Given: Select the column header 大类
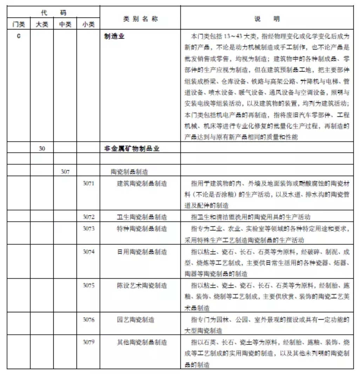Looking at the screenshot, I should [x=42, y=25].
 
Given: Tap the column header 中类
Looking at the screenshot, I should [x=65, y=25].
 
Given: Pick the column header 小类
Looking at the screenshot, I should [x=88, y=25].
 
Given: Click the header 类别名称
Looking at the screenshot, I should [x=140, y=19].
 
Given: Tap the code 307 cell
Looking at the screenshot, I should [x=65, y=172].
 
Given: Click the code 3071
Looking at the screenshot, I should [x=88, y=183].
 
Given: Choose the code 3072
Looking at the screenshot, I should [x=88, y=217].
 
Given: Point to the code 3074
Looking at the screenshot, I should [x=88, y=251].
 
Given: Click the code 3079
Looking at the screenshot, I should [x=88, y=342].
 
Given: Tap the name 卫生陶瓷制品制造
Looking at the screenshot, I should [x=142, y=217].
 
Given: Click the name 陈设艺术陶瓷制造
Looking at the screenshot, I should [x=142, y=285].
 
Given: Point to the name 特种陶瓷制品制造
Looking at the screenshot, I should [x=142, y=228].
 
